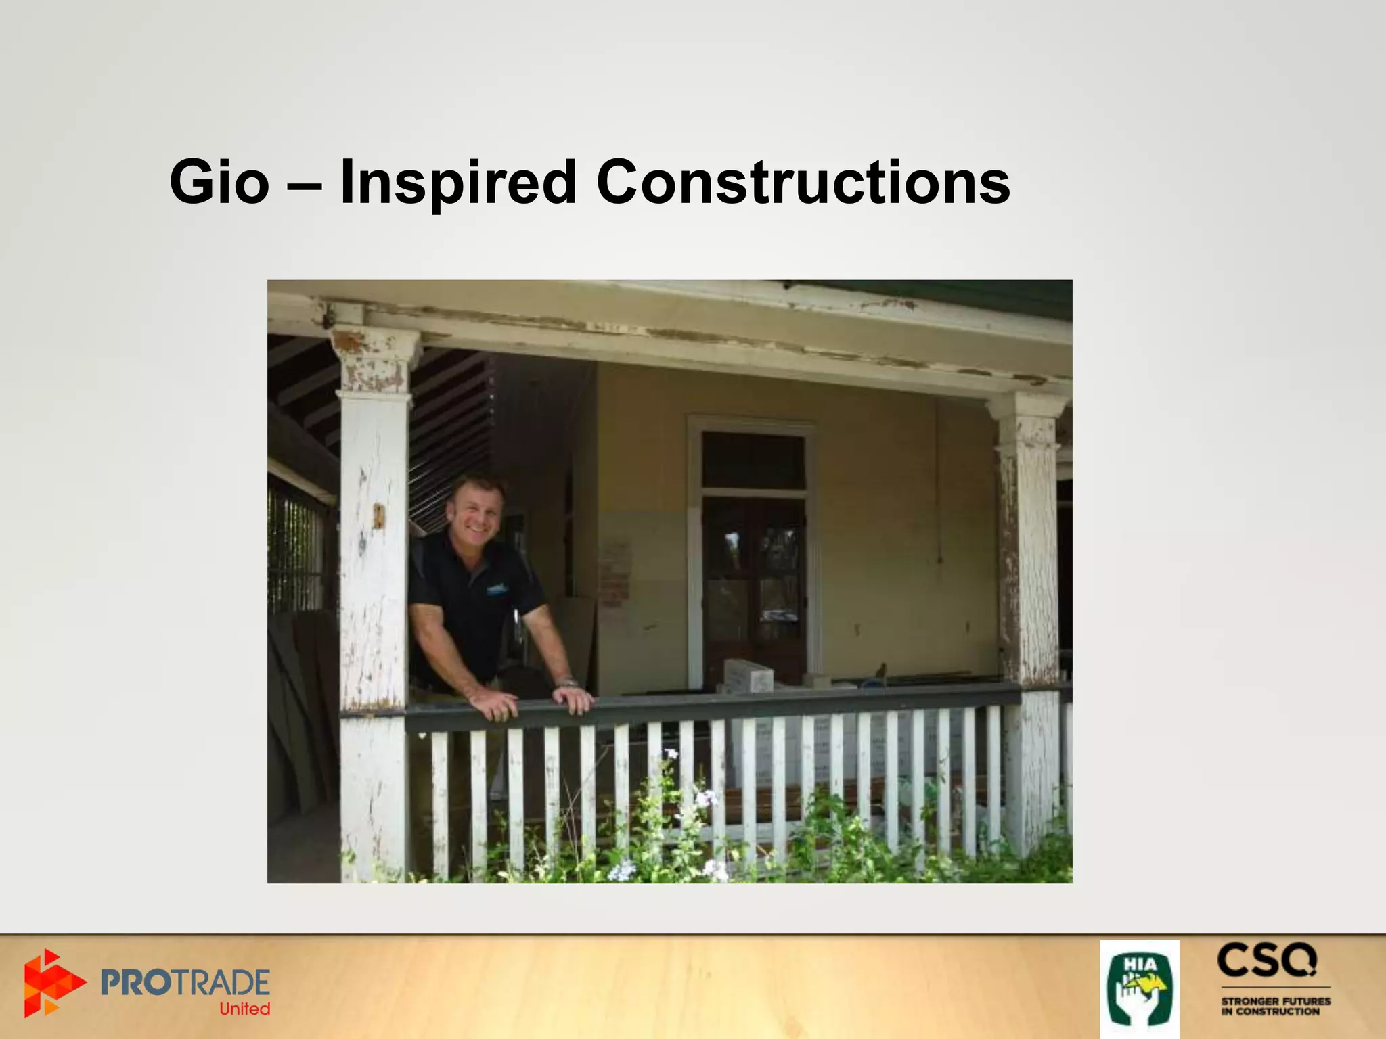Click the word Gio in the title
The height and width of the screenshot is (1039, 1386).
(219, 182)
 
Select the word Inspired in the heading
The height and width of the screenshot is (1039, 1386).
(457, 183)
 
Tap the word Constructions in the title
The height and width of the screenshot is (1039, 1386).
(803, 182)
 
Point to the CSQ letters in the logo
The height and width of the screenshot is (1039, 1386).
(1267, 962)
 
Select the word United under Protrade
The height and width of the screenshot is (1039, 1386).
(244, 1009)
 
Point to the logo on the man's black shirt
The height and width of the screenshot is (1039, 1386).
(497, 589)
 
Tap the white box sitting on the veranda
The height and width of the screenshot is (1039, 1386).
(748, 676)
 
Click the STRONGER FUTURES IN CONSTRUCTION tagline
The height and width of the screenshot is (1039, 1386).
(1275, 1006)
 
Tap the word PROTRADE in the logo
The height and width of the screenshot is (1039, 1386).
(185, 982)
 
